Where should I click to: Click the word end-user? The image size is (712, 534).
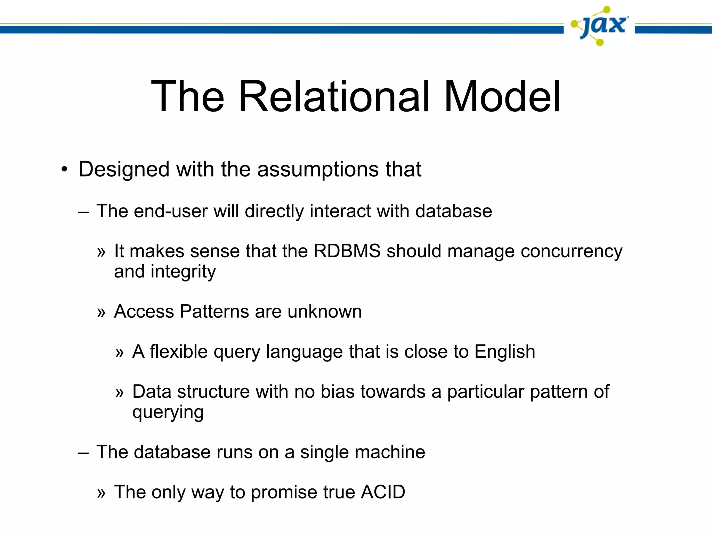[x=170, y=211]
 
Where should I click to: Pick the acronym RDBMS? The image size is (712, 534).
[x=347, y=251]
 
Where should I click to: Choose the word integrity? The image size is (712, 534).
[x=183, y=272]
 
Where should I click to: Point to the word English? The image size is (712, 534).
[x=505, y=351]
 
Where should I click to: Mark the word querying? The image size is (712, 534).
[x=168, y=413]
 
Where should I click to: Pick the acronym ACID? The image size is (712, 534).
[x=383, y=492]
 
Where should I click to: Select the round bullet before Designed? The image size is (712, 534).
[x=64, y=170]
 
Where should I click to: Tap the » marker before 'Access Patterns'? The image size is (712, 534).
[x=101, y=313]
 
